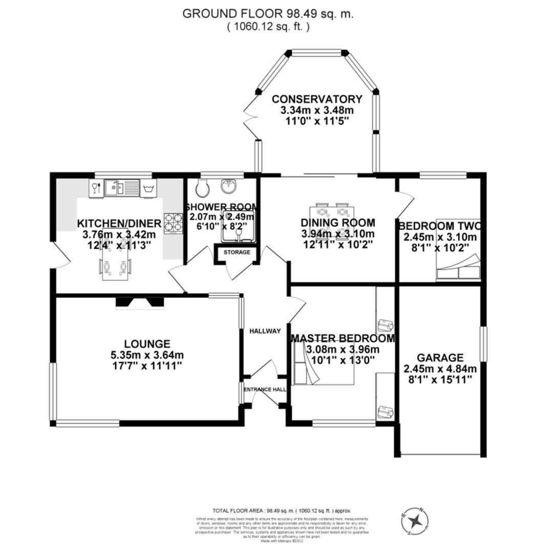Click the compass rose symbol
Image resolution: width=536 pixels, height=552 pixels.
[418, 521]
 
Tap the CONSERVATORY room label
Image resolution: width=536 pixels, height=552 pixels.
[317, 99]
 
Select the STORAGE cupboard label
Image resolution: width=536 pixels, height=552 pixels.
[237, 252]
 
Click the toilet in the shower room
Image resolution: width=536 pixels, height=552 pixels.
[203, 189]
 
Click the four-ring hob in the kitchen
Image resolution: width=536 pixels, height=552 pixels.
[174, 223]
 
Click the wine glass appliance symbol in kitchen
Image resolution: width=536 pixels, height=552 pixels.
[95, 188]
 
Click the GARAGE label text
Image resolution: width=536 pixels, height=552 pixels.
[440, 358]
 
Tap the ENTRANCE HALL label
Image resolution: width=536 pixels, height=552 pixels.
[265, 389]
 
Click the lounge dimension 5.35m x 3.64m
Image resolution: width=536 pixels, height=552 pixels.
[147, 355]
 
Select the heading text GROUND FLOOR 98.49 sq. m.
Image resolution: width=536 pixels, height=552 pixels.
[268, 14]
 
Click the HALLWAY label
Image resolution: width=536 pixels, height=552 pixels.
[265, 331]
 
